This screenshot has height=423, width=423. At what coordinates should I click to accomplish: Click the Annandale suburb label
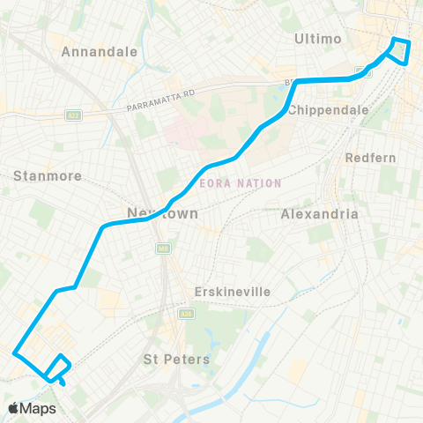100,51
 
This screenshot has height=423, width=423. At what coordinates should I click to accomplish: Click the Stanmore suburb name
48,175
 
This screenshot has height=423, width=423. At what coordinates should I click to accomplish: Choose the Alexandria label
319,214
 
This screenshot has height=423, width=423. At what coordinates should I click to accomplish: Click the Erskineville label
232,292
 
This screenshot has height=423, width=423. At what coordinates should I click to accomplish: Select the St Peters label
176,359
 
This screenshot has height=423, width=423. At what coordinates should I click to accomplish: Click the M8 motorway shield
161,249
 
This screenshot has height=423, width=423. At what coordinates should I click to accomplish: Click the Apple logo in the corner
14,408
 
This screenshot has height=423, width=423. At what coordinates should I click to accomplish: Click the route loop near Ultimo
401,51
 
